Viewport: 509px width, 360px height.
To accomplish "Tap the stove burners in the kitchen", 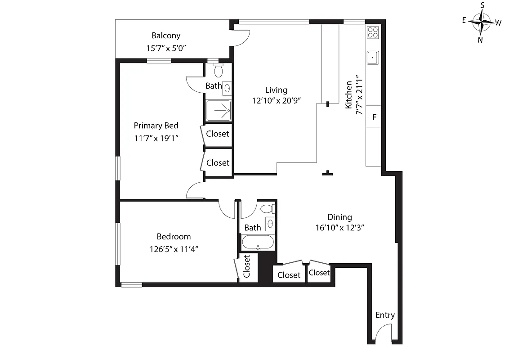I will [373, 32].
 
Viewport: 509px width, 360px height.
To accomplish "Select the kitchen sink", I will [373, 58].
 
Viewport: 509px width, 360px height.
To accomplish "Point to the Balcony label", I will [166, 36].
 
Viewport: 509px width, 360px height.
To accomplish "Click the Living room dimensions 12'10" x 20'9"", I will [276, 101].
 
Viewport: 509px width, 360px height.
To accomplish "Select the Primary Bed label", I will [156, 126].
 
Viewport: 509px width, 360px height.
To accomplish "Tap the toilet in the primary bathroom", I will [219, 71].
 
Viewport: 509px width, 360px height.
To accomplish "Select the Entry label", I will [385, 315].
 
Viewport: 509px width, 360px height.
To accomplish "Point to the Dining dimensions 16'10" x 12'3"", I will [339, 228].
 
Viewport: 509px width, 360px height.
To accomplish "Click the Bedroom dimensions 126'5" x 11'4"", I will [174, 248].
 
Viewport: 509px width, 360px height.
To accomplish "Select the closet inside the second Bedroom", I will [247, 267].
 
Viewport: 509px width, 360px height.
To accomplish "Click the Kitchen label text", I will [348, 95].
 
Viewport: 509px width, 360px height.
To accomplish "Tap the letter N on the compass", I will [480, 40].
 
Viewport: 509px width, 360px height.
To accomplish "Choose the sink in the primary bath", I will [228, 88].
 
